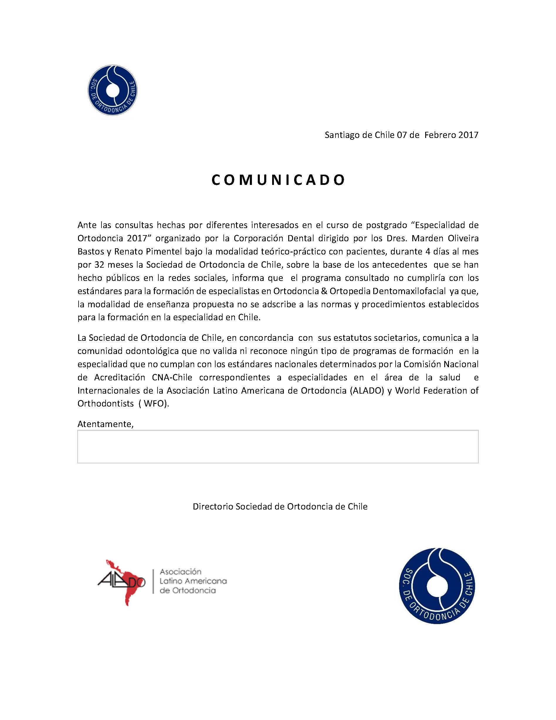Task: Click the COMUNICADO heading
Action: [x=278, y=180]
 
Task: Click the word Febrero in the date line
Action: [x=440, y=135]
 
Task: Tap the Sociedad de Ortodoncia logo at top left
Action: [x=113, y=90]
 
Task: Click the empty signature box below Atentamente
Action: [x=278, y=446]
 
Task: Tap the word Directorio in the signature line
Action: [x=213, y=506]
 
